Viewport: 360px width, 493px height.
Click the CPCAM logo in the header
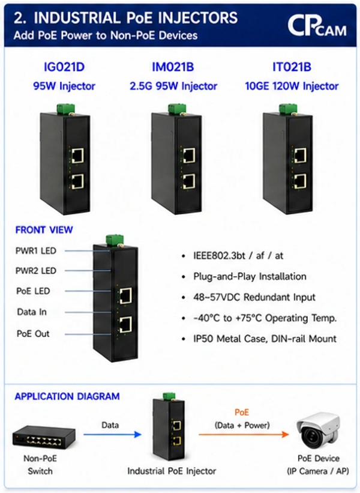[x=317, y=26]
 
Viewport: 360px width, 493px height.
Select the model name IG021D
[x=64, y=67]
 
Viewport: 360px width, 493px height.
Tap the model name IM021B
[x=173, y=67]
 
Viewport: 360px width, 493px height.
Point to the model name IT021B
[x=292, y=67]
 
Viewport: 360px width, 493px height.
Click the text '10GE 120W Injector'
[x=292, y=86]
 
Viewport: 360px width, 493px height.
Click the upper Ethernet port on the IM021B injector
[x=189, y=156]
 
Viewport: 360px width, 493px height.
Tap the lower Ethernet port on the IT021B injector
[x=301, y=181]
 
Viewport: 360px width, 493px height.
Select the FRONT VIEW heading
[x=44, y=230]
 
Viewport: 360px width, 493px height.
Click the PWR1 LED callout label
[x=36, y=251]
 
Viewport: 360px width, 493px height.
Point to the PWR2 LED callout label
[x=36, y=271]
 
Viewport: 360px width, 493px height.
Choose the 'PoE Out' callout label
[x=33, y=334]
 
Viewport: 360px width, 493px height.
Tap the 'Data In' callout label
[x=32, y=312]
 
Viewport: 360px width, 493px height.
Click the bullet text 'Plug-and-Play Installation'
[x=250, y=276]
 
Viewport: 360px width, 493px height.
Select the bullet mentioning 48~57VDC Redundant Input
[x=254, y=297]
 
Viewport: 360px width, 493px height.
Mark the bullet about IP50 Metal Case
[x=265, y=339]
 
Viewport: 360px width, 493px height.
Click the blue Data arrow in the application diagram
[x=112, y=435]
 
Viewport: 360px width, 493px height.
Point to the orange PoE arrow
[x=244, y=435]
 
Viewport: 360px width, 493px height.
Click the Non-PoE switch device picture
[x=44, y=436]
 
